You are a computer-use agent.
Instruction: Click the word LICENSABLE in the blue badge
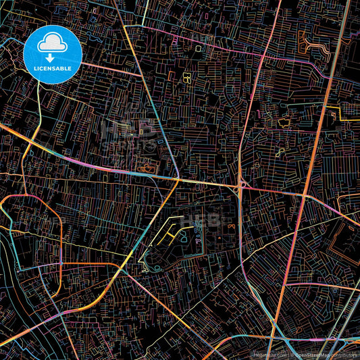pyautogui.click(x=53, y=68)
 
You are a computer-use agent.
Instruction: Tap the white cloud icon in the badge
pyautogui.click(x=53, y=45)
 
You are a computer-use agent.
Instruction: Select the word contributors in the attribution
pyautogui.click(x=346, y=354)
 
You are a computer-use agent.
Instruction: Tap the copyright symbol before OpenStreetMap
pyautogui.click(x=292, y=354)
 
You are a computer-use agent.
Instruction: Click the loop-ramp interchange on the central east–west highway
pyautogui.click(x=241, y=184)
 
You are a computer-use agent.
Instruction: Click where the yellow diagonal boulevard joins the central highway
pyautogui.click(x=177, y=180)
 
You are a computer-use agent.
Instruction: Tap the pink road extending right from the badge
pyautogui.click(x=111, y=68)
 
